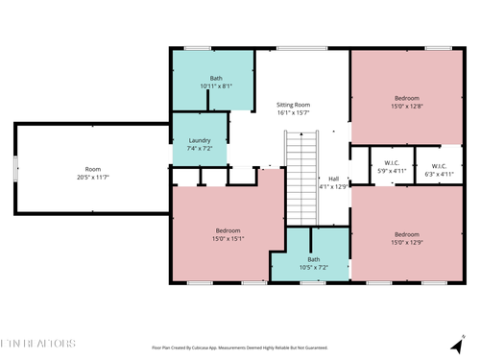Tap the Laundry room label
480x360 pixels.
pos(201,140)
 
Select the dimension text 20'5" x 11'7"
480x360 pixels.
pos(93,178)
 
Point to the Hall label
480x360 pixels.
pos(333,179)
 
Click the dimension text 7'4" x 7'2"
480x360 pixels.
pos(201,150)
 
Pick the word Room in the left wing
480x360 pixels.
pos(92,169)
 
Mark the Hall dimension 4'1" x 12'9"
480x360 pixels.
pos(333,187)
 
